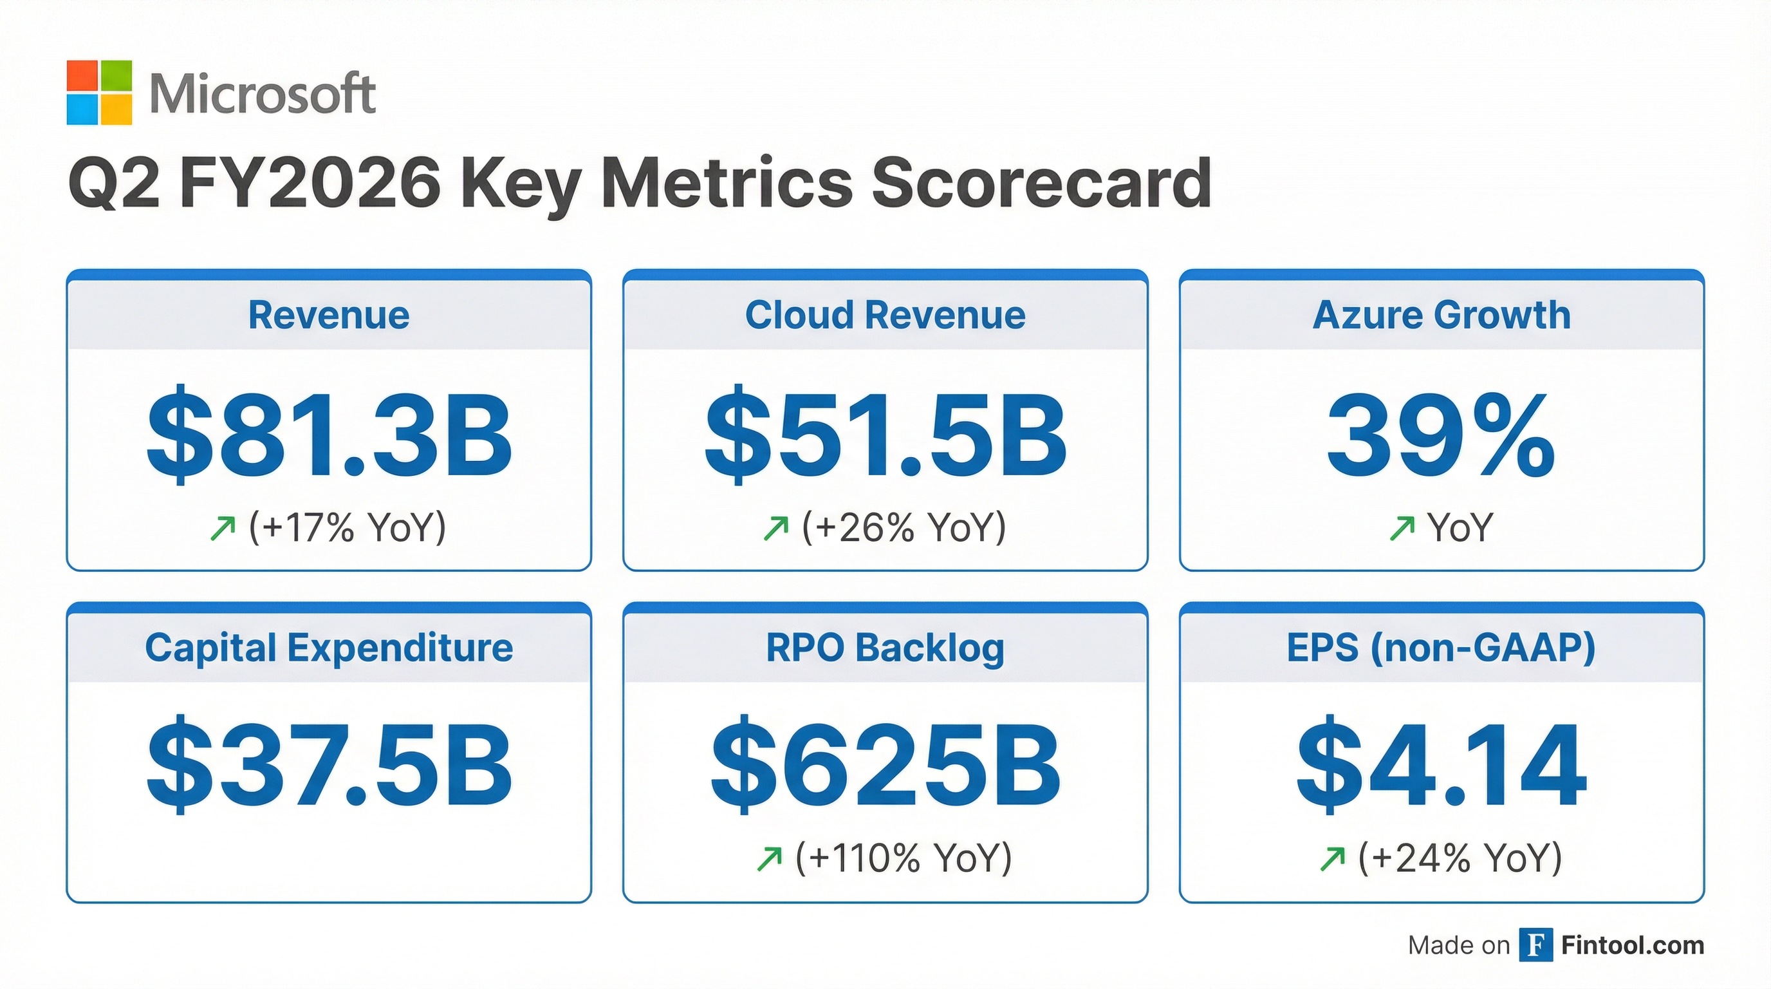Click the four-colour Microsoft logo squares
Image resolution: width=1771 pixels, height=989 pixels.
tap(99, 93)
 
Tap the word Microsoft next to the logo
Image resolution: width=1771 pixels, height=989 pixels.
tap(263, 93)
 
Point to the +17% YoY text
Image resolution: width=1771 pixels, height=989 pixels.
tap(348, 527)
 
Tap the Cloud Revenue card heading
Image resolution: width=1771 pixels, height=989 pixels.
tap(885, 315)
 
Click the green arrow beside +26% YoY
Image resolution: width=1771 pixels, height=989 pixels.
tap(776, 528)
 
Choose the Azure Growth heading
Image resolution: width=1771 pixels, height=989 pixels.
tap(1441, 315)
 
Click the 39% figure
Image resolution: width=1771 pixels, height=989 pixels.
tap(1441, 436)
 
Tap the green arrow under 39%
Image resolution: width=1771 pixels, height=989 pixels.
tap(1402, 528)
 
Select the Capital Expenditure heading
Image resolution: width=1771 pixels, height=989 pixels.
tap(329, 648)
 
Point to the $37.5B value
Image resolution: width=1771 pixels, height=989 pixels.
tap(329, 765)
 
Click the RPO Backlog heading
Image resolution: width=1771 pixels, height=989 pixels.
tap(885, 648)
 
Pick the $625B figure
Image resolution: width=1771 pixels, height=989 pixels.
tap(885, 765)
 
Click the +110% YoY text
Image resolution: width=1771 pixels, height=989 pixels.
tap(904, 858)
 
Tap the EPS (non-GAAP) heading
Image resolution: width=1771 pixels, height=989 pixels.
tap(1441, 648)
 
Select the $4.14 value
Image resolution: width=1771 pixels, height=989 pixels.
tap(1441, 765)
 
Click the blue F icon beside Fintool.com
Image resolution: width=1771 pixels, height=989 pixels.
tap(1535, 945)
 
